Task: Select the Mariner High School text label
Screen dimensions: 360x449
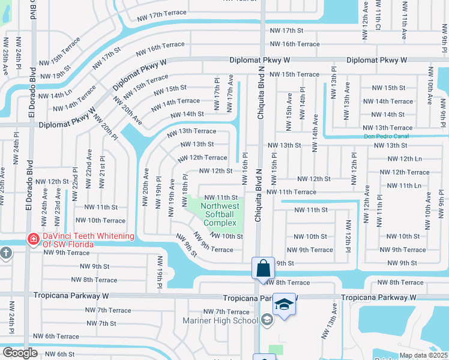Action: [220, 320]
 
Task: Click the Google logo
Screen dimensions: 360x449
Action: [20, 353]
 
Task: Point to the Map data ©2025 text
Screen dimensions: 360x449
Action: [424, 355]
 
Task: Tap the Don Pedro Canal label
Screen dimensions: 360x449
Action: [389, 136]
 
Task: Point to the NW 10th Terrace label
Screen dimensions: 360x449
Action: [97, 221]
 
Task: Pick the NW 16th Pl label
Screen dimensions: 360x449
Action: [245, 163]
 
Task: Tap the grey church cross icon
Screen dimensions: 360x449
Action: [6, 253]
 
